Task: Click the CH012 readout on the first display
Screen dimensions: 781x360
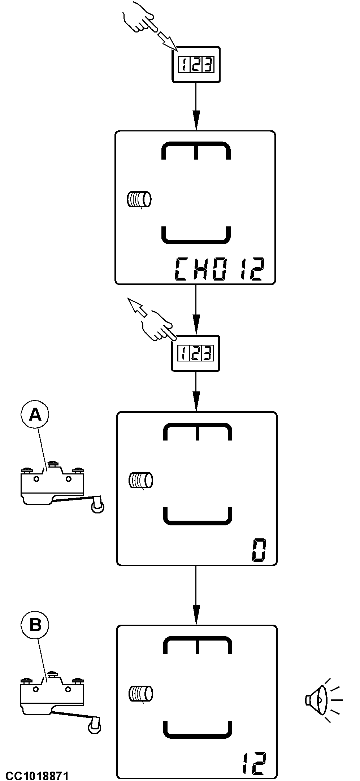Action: pyautogui.click(x=220, y=269)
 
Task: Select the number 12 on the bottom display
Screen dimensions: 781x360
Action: pyautogui.click(x=254, y=763)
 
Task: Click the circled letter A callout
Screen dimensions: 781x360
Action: pyautogui.click(x=35, y=415)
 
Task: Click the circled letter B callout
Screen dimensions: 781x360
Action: pyautogui.click(x=35, y=625)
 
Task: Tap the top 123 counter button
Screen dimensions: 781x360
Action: pyautogui.click(x=196, y=65)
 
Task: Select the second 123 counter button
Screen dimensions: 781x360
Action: pyautogui.click(x=196, y=353)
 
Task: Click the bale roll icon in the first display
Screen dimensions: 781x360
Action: pyautogui.click(x=139, y=199)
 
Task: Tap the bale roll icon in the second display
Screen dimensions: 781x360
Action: pyautogui.click(x=141, y=480)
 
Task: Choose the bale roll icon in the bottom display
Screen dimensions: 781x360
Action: pyautogui.click(x=141, y=693)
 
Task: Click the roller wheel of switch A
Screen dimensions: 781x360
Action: pyautogui.click(x=97, y=507)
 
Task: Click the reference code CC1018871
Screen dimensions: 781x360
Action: pyautogui.click(x=37, y=775)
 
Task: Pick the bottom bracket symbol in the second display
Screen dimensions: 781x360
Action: pyautogui.click(x=198, y=516)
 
